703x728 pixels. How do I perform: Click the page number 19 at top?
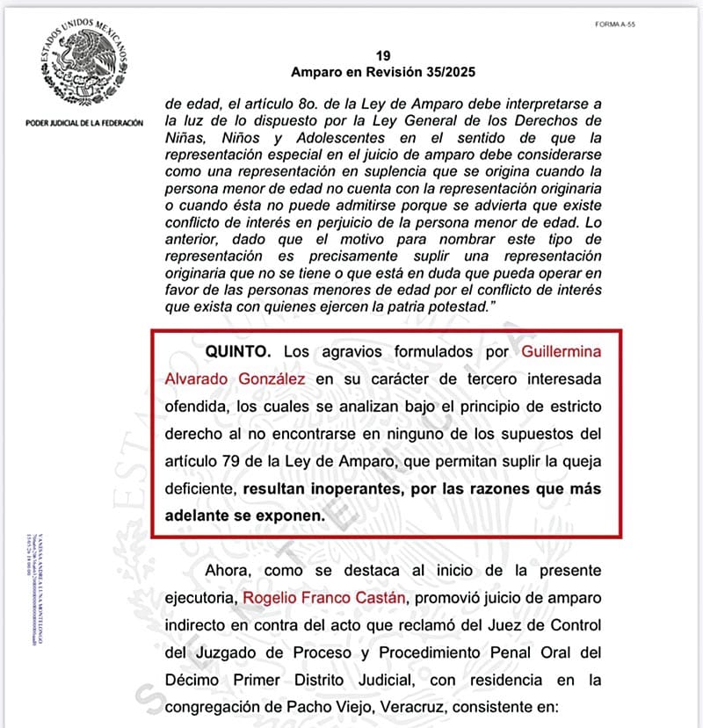381,54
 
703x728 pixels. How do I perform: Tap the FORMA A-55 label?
615,25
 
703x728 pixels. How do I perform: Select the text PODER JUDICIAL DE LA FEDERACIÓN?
84,123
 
